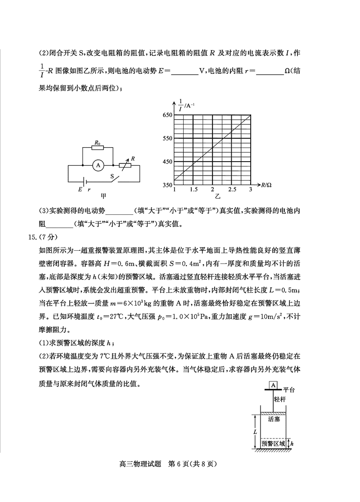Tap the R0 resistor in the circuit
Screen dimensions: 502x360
97,147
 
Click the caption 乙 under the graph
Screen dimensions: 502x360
218,197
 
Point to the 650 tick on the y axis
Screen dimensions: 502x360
167,115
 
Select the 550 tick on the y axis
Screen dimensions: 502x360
167,139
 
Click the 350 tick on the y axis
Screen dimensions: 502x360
167,185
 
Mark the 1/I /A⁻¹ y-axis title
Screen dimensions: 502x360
183,106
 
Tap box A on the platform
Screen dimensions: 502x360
273,385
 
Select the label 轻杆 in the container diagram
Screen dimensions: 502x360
280,399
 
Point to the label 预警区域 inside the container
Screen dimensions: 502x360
273,443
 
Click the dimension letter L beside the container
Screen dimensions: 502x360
255,431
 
